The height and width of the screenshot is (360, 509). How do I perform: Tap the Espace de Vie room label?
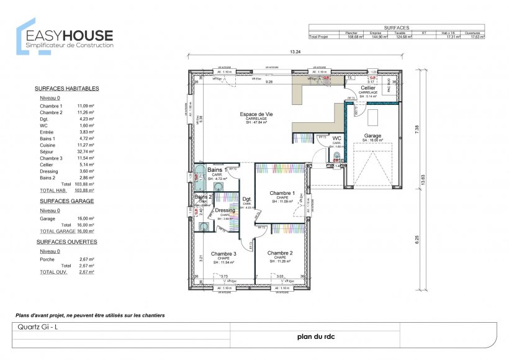coord(257,115)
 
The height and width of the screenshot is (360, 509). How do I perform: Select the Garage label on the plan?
coord(372,135)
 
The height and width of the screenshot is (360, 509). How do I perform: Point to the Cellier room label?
coord(367,88)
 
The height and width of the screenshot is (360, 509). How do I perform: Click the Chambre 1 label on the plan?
coord(282,193)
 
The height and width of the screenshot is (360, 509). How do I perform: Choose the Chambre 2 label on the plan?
coord(280,253)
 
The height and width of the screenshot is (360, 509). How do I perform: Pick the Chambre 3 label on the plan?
coord(223,253)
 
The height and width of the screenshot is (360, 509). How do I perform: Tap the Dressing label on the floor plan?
coord(225,210)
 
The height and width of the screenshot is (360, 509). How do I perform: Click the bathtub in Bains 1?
coord(199,178)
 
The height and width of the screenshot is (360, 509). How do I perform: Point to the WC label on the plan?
coord(337,138)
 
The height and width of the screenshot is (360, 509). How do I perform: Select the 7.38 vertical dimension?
coord(417,129)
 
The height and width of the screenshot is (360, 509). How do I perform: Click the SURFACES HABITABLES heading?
coord(66,88)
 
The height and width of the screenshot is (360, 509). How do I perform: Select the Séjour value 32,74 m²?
coord(86,151)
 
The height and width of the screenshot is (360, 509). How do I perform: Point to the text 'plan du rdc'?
coord(315,338)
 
